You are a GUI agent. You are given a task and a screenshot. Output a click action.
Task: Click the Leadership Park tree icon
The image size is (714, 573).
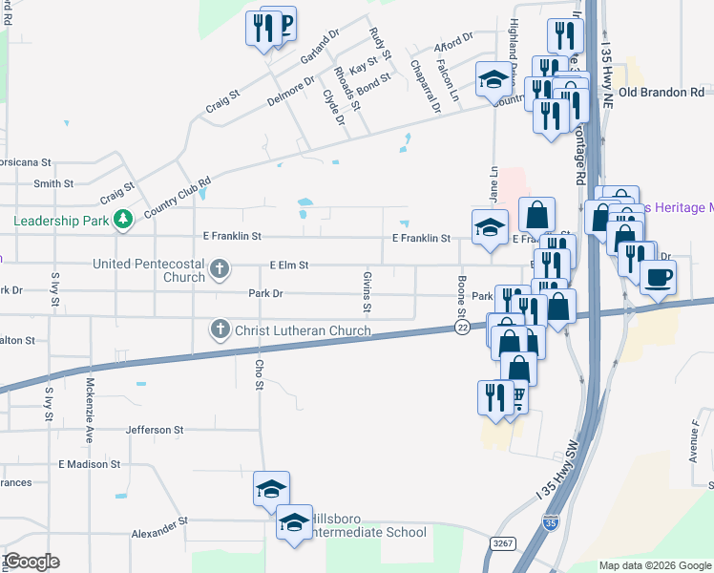coord(122,221)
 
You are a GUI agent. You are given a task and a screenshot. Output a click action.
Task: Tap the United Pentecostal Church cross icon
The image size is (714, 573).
coord(219,269)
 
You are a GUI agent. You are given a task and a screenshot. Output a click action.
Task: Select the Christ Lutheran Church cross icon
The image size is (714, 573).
coord(219,330)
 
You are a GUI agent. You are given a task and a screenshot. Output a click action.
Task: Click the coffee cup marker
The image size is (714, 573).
coord(658,278)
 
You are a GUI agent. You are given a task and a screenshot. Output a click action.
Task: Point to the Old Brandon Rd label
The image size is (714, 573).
coord(661,92)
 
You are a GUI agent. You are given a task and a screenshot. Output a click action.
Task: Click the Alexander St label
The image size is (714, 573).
coord(159,527)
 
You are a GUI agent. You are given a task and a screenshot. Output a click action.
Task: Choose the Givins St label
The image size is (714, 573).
coord(367,291)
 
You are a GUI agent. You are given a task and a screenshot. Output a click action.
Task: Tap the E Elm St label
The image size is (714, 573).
coord(289,265)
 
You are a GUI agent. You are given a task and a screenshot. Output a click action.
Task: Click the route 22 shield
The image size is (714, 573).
coord(461,328)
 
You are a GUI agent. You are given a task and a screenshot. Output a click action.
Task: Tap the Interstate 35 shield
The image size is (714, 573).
coord(551,522)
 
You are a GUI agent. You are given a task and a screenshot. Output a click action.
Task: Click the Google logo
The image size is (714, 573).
coord(31,562)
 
